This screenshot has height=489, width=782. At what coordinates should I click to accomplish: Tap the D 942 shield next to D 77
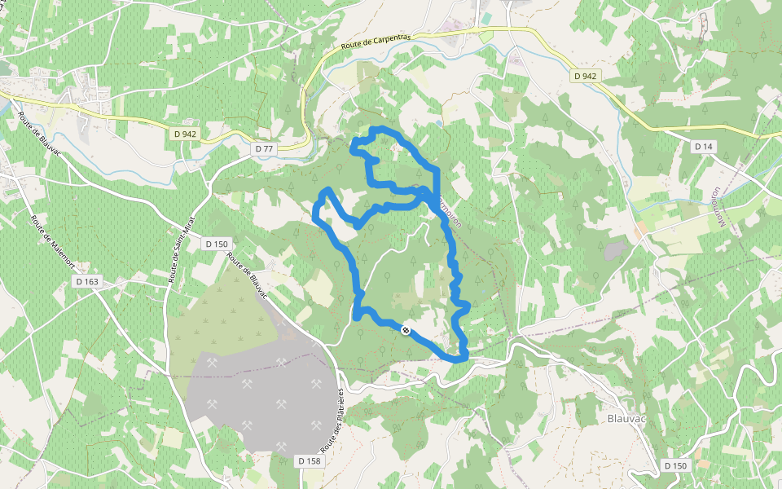(186, 133)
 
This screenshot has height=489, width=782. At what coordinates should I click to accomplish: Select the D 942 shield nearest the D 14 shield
(585, 76)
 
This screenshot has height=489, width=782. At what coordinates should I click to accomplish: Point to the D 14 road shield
(703, 146)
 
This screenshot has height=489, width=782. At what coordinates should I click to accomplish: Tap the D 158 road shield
(308, 461)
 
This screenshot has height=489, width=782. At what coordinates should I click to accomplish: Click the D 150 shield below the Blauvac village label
(675, 465)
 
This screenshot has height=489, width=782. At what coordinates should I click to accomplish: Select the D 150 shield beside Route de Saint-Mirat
(217, 244)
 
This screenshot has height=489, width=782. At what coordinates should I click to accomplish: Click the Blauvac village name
(627, 419)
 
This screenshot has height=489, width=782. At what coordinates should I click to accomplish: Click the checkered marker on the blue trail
(406, 329)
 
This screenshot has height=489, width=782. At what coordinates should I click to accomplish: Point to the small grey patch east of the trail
(615, 249)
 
